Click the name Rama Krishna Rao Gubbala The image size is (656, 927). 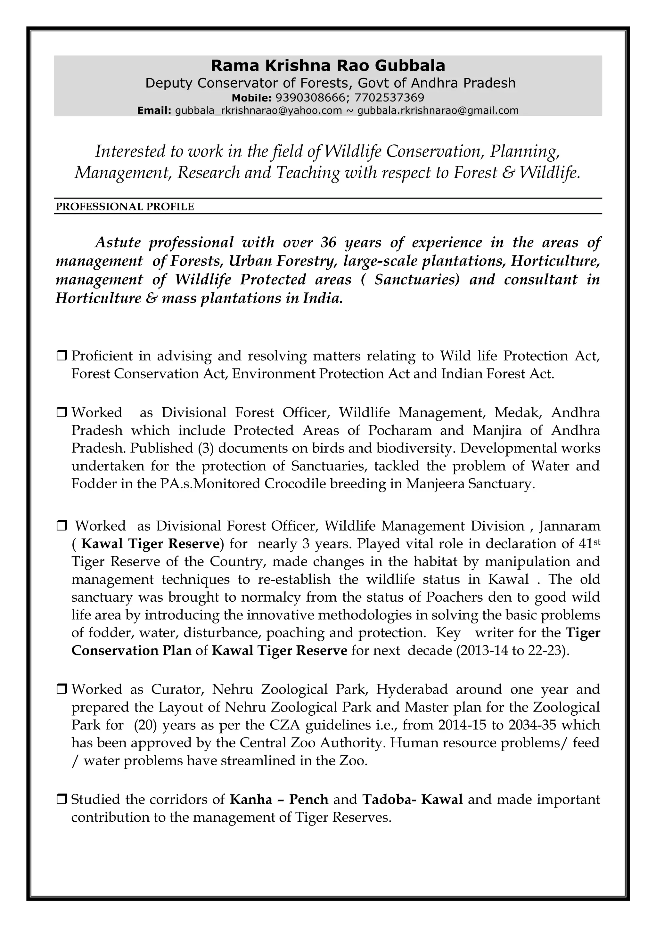point(328,65)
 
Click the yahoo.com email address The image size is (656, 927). point(258,110)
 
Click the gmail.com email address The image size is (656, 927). point(438,110)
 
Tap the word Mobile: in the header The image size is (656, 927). point(252,98)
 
